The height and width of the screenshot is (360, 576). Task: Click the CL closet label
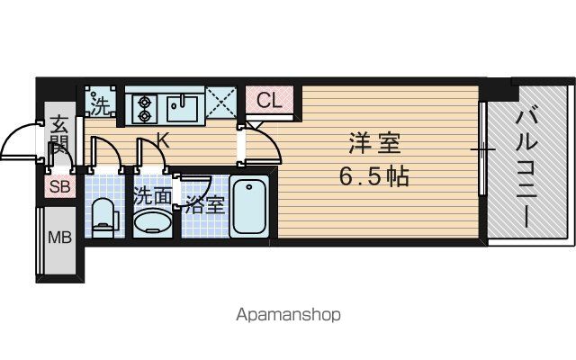269,100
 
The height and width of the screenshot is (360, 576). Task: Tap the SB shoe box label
59,186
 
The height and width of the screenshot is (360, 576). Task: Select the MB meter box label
60,238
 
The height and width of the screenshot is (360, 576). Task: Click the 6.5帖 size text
373,177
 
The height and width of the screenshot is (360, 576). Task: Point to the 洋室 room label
374,144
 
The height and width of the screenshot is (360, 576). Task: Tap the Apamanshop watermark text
288,315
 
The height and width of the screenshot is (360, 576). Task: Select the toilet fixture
105,218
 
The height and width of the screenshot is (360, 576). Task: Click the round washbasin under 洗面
153,222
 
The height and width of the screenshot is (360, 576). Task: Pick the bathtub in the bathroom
249,206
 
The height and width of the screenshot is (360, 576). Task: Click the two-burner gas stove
144,108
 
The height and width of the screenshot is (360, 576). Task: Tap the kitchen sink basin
182,108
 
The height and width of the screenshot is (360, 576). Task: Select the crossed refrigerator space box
220,102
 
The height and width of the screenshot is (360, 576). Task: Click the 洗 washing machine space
100,102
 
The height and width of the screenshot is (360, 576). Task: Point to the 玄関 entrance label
59,135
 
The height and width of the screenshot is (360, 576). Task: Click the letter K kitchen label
163,140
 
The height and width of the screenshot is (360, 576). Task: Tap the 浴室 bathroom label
204,204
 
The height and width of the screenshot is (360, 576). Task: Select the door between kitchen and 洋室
260,143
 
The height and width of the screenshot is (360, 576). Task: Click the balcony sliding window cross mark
483,149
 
